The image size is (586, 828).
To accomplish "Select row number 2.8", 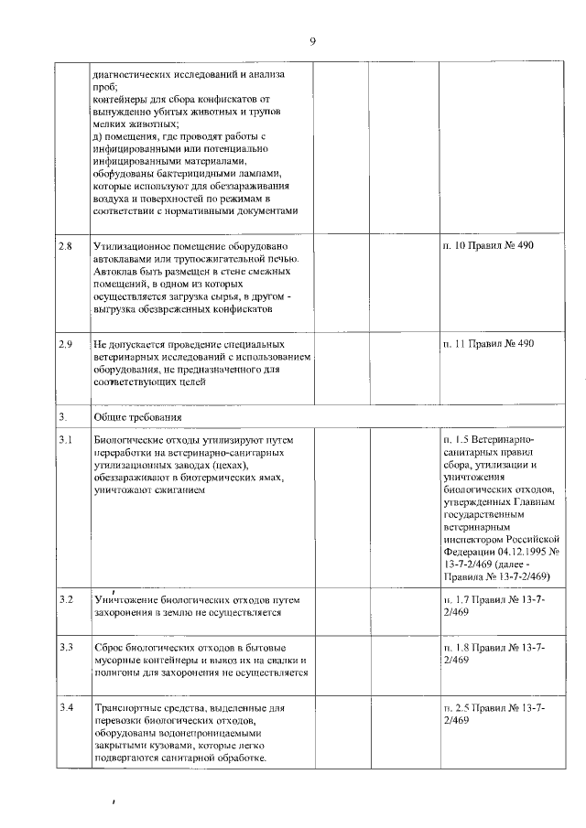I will (x=64, y=248).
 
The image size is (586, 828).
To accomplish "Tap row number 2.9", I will (x=64, y=344).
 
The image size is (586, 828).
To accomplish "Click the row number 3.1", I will (x=64, y=441).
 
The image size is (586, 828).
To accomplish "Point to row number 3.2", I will (x=64, y=599).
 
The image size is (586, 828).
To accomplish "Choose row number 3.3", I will (x=64, y=648).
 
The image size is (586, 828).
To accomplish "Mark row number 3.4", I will (x=64, y=709).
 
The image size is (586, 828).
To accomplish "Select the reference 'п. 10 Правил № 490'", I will (x=486, y=248).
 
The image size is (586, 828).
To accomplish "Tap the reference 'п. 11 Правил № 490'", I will (x=486, y=344).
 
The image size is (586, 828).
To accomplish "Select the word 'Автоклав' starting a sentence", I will (x=116, y=273).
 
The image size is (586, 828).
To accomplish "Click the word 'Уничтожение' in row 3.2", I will (x=125, y=599).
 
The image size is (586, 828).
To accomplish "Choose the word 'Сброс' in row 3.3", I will (x=109, y=648).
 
